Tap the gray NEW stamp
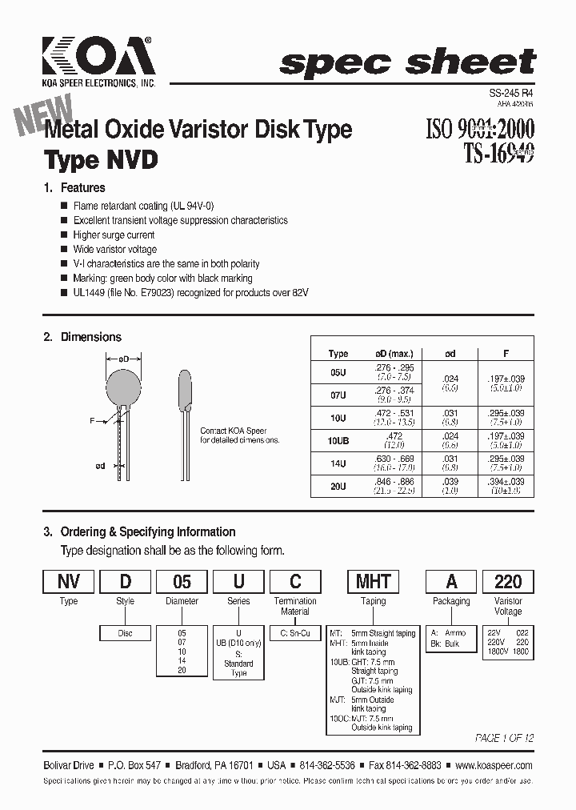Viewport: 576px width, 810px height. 45,115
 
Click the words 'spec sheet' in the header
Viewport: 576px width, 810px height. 407,62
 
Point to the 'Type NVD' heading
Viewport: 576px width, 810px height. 101,160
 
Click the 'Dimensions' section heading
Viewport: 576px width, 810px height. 90,337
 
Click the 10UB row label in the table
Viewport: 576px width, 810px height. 338,439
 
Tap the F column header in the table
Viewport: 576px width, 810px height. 506,353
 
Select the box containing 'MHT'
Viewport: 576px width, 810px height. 373,581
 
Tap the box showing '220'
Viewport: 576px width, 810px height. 508,581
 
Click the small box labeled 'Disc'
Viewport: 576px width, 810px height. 126,633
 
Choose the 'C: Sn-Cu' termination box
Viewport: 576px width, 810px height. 295,633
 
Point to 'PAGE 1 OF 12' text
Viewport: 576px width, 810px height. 504,737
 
